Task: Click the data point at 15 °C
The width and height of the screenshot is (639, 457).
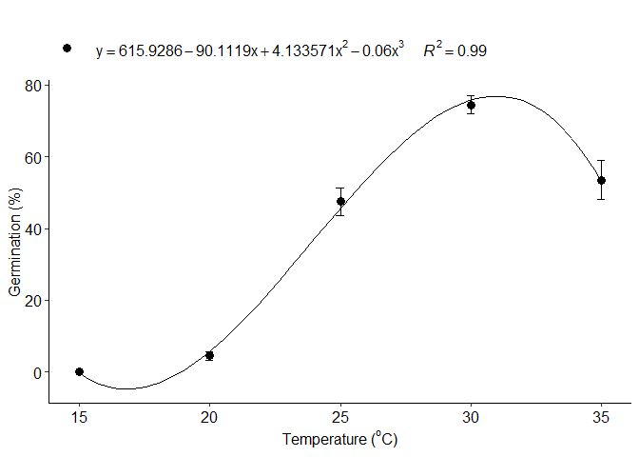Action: pyautogui.click(x=79, y=371)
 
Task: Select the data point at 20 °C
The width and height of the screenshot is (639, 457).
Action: pyautogui.click(x=209, y=355)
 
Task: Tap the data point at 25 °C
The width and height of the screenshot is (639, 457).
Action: pyautogui.click(x=340, y=201)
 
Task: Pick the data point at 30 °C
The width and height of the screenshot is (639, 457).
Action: pyautogui.click(x=471, y=105)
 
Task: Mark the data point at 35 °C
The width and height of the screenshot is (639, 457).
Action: pyautogui.click(x=601, y=180)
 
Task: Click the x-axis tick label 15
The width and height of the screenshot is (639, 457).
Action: pyautogui.click(x=79, y=417)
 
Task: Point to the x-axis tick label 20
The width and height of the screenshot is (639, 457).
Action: pyautogui.click(x=209, y=417)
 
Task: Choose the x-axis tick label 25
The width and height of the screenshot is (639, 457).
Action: pyautogui.click(x=340, y=417)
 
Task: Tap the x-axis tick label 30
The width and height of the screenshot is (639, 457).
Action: pyautogui.click(x=471, y=417)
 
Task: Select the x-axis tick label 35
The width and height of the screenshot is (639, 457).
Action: pyautogui.click(x=601, y=417)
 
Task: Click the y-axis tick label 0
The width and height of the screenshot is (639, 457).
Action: pyautogui.click(x=38, y=372)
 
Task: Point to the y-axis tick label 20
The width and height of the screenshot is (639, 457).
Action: pyautogui.click(x=34, y=301)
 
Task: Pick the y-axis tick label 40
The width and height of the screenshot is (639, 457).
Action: pyautogui.click(x=34, y=228)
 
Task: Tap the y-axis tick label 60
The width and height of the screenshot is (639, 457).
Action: pyautogui.click(x=34, y=157)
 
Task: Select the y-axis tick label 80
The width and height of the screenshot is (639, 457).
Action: pyautogui.click(x=34, y=85)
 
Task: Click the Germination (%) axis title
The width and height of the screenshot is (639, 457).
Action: pyautogui.click(x=15, y=243)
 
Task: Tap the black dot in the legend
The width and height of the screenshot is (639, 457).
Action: pyautogui.click(x=67, y=48)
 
